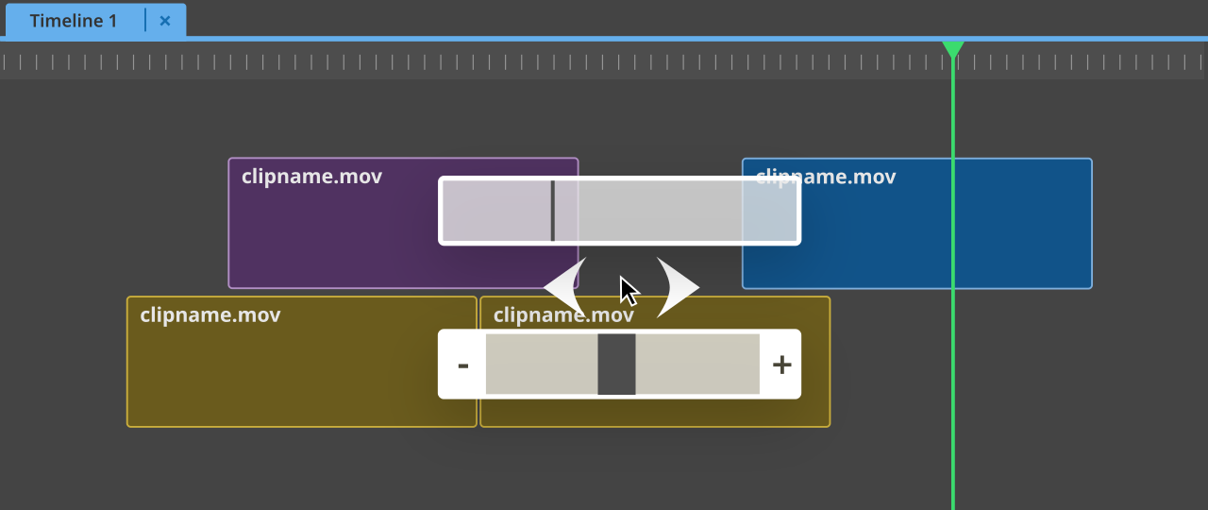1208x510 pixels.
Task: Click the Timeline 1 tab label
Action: [x=74, y=21]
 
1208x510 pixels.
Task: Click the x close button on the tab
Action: [x=165, y=21]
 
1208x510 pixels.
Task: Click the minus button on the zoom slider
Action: [x=462, y=365]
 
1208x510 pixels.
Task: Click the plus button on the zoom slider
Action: [x=781, y=365]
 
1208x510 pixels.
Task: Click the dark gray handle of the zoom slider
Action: [x=616, y=365]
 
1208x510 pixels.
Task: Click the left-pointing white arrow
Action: [x=566, y=286]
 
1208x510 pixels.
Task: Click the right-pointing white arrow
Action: [x=677, y=286]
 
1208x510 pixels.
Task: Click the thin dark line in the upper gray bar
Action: [x=553, y=211]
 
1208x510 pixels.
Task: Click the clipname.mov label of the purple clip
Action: [x=311, y=176]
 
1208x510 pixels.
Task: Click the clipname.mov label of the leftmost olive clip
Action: [x=210, y=314]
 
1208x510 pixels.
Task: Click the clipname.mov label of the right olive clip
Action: [x=563, y=314]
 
